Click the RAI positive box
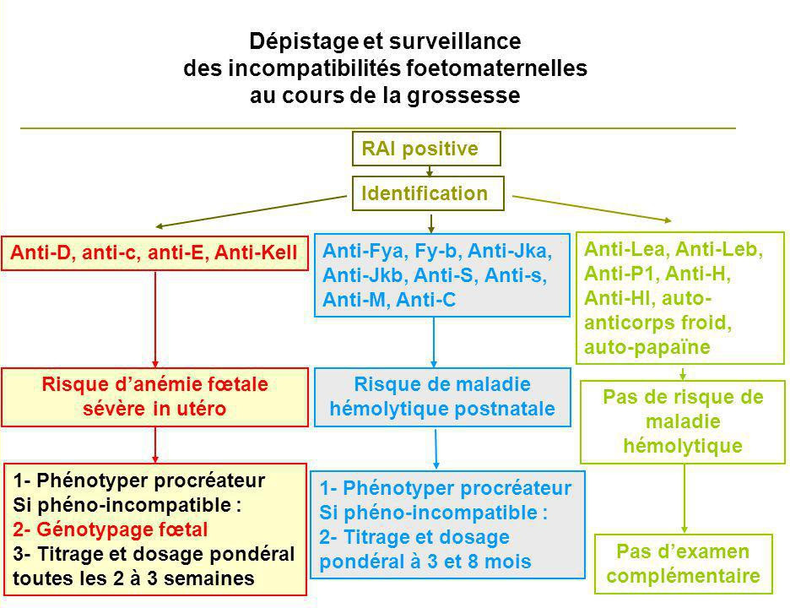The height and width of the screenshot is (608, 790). (426, 149)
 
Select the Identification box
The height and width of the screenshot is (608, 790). (428, 193)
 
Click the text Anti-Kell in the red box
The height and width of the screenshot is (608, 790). (256, 252)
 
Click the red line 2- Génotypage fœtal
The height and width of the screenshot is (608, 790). (111, 529)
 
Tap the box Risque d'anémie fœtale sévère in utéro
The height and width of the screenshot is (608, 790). (154, 397)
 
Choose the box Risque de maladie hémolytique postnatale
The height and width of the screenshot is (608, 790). (442, 397)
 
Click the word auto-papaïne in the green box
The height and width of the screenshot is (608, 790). (647, 347)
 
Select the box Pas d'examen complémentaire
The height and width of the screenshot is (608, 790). (683, 563)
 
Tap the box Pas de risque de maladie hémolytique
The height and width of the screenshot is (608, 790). (683, 422)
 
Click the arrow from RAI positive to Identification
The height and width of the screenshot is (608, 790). (430, 171)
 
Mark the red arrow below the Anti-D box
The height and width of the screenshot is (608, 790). (155, 319)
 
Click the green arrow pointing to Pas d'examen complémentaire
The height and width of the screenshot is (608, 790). (684, 498)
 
